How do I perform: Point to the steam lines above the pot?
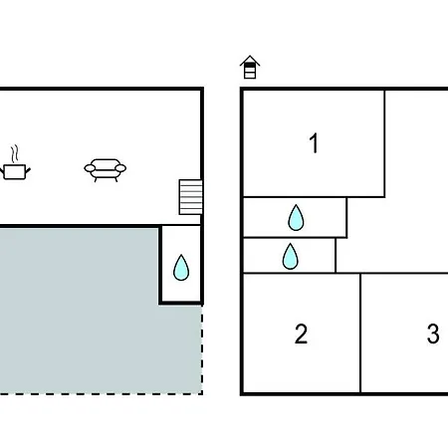click(14, 154)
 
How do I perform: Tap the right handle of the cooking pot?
click(28, 171)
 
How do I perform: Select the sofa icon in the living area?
click(106, 170)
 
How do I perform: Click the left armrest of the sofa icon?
click(90, 168)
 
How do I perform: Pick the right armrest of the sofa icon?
click(120, 168)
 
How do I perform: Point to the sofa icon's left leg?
click(96, 179)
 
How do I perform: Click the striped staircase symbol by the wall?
click(191, 197)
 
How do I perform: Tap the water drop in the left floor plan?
click(181, 268)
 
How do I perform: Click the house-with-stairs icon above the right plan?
click(250, 67)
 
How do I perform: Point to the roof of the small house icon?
click(250, 60)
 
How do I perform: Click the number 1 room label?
click(314, 143)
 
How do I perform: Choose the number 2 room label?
click(301, 334)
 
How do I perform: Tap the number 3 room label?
click(433, 334)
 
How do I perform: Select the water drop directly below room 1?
click(296, 217)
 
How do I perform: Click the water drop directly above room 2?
click(291, 256)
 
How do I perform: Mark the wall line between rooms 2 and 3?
click(360, 333)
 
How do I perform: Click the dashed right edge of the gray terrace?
click(202, 349)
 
